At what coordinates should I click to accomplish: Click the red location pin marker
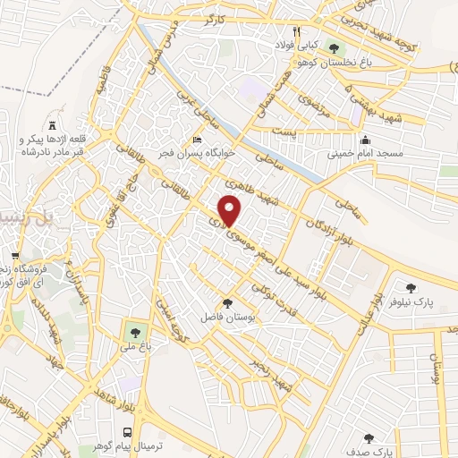tap(231, 210)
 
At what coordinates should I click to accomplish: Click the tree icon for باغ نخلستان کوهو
tap(334, 47)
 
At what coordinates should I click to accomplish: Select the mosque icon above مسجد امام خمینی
tap(366, 140)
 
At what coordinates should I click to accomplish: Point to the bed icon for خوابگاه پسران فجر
tap(198, 140)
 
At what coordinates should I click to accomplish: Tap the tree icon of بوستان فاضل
tap(227, 303)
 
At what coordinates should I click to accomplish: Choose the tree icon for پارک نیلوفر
tap(411, 288)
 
